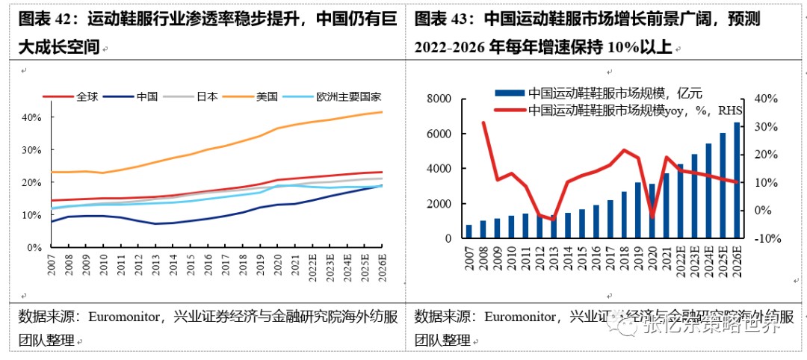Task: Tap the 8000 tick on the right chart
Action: pos(439,99)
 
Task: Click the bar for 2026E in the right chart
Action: pos(738,180)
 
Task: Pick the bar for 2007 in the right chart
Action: pos(469,232)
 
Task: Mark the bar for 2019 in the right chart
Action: pos(638,210)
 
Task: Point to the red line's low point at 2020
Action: pos(652,217)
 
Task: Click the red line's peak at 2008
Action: pos(483,122)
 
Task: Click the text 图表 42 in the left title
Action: pos(44,18)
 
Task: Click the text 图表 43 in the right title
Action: pos(440,18)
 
